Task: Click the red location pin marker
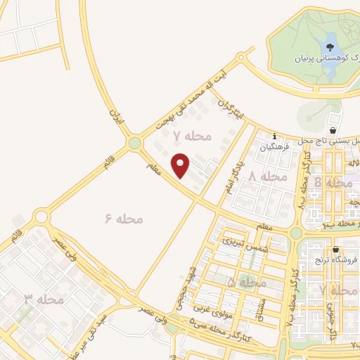point(181,165)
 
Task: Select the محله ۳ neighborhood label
point(44,300)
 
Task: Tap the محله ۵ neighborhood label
point(246,282)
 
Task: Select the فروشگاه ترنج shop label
point(336,259)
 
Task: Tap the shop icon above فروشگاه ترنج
point(336,250)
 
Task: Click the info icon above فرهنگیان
point(274,138)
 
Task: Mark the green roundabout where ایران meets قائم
point(134,143)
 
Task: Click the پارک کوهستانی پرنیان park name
point(333,58)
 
